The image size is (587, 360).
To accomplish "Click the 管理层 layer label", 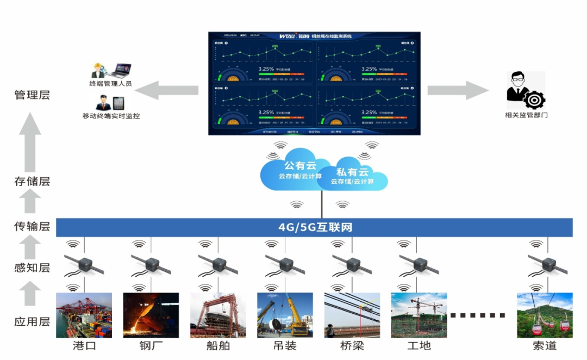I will point(32,95).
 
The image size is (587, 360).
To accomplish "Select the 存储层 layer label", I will point(32,181).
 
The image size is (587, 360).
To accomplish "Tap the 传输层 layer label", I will point(32,226).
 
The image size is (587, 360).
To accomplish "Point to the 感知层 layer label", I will point(32,267).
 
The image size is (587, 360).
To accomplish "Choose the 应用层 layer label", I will point(32,321).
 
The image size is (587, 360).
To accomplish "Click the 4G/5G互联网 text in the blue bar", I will point(315,227).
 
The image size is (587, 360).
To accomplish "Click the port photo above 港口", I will point(84,315).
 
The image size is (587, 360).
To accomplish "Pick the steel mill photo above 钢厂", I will point(151,315).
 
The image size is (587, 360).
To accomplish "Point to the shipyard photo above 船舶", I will point(218,315).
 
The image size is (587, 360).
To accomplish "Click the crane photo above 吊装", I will point(285,315).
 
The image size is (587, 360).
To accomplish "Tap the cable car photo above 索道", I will point(545,315).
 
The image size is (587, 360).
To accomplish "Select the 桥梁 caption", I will point(352,346).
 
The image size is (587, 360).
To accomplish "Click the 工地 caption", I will point(419,346).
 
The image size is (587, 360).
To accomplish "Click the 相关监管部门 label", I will point(526,115).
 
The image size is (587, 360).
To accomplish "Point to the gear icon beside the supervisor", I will point(535,100).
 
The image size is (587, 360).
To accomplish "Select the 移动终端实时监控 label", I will point(111,116).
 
